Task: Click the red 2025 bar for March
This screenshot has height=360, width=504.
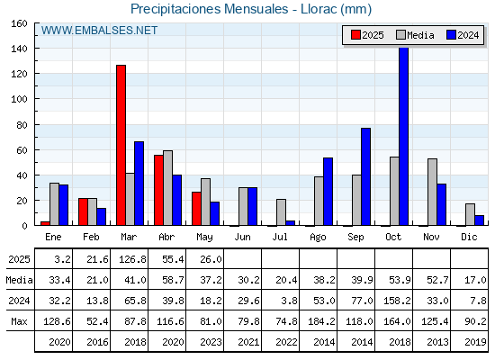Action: pyautogui.click(x=121, y=145)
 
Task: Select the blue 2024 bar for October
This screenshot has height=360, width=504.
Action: pyautogui.click(x=404, y=136)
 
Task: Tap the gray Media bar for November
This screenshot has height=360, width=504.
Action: pyautogui.click(x=432, y=192)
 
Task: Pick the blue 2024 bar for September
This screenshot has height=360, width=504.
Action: pyautogui.click(x=365, y=176)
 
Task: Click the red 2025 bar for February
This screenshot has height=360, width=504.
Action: pyautogui.click(x=83, y=211)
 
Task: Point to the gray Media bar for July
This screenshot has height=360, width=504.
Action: pyautogui.click(x=281, y=212)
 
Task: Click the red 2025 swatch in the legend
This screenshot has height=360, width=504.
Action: pyautogui.click(x=355, y=35)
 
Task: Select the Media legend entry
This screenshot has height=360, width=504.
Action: pyautogui.click(x=415, y=35)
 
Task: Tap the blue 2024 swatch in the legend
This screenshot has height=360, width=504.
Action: pyautogui.click(x=451, y=35)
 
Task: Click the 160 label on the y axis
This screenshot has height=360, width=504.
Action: pyautogui.click(x=19, y=23)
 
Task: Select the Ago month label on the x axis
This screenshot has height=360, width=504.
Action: pyautogui.click(x=318, y=238)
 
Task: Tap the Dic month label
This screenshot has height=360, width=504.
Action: pyautogui.click(x=469, y=237)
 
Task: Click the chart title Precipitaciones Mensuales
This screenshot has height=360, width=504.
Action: pyautogui.click(x=209, y=9)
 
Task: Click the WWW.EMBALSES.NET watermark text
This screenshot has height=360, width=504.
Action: pyautogui.click(x=99, y=31)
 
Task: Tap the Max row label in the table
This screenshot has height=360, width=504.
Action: pyautogui.click(x=19, y=321)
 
